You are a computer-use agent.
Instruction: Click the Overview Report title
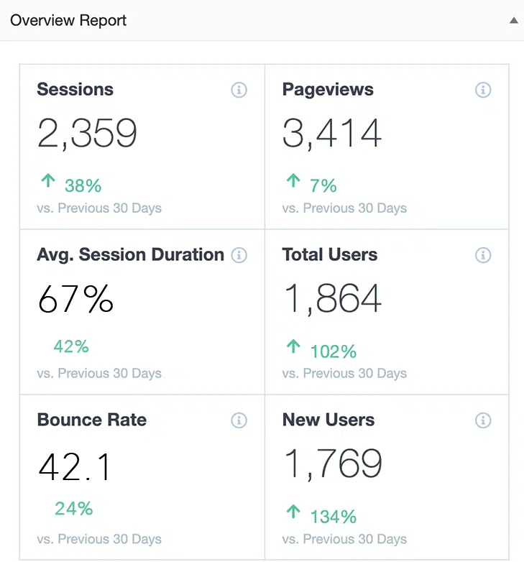click(68, 20)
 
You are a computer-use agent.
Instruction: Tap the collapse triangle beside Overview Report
click(513, 21)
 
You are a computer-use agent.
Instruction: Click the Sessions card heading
click(75, 90)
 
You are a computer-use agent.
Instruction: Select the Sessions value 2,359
click(87, 133)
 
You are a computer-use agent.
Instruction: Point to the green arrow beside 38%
click(48, 181)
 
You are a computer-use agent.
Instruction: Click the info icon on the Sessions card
click(239, 90)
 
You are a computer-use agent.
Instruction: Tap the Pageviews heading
click(328, 90)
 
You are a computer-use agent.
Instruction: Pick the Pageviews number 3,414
click(332, 133)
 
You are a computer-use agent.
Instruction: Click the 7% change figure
click(323, 185)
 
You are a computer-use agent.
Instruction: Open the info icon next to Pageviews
click(483, 90)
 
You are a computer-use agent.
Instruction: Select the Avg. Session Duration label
click(130, 255)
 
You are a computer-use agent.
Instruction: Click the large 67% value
click(75, 298)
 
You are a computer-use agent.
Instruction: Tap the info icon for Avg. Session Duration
click(239, 255)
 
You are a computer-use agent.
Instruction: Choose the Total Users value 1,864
click(333, 298)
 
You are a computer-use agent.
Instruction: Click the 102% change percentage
click(334, 351)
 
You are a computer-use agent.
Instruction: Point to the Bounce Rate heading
click(91, 420)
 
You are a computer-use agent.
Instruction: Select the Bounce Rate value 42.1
click(75, 467)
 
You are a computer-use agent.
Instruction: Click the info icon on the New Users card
click(483, 420)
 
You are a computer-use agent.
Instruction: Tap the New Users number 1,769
click(333, 464)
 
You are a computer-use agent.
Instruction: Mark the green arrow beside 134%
click(293, 512)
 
